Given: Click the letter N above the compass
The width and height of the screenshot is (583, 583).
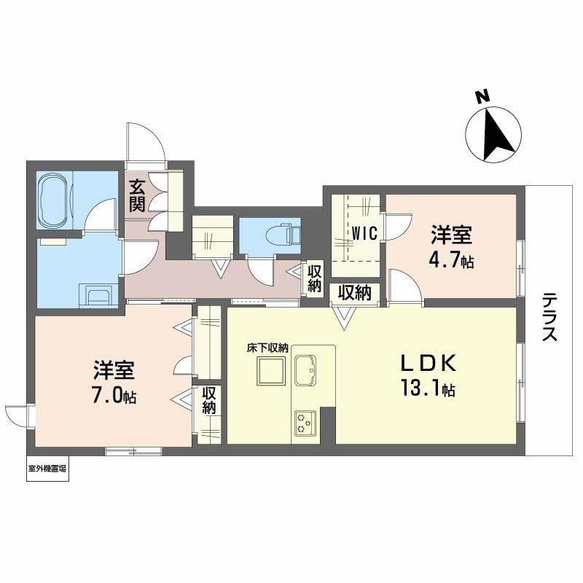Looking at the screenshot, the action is click(x=483, y=97).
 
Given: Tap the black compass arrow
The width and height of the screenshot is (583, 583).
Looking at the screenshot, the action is click(x=496, y=135).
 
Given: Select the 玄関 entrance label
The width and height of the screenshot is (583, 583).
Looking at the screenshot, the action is click(x=137, y=195).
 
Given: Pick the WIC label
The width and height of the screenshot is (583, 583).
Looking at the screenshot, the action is click(x=365, y=233).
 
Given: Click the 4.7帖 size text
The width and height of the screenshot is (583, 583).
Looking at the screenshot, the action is click(x=451, y=260).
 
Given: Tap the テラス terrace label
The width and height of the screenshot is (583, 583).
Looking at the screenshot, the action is click(x=549, y=317).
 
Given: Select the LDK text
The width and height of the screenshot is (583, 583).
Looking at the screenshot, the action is click(x=429, y=363).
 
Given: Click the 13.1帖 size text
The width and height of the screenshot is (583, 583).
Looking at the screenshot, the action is click(x=428, y=388).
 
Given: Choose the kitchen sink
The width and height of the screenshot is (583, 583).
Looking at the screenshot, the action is click(x=305, y=370).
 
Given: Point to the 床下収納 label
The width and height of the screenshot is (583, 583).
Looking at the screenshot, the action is click(x=268, y=348).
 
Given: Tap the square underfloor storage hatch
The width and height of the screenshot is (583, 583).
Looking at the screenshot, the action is click(x=271, y=371).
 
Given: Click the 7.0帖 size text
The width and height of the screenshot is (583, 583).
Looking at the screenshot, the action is click(x=114, y=396).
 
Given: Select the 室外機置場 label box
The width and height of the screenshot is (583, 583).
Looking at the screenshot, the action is click(x=47, y=469).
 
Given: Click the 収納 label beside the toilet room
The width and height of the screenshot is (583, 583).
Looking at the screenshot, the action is click(x=315, y=278).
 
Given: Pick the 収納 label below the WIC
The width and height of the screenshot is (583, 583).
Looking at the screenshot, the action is click(x=354, y=293).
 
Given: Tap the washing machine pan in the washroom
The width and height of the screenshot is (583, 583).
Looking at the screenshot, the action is click(x=99, y=296).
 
